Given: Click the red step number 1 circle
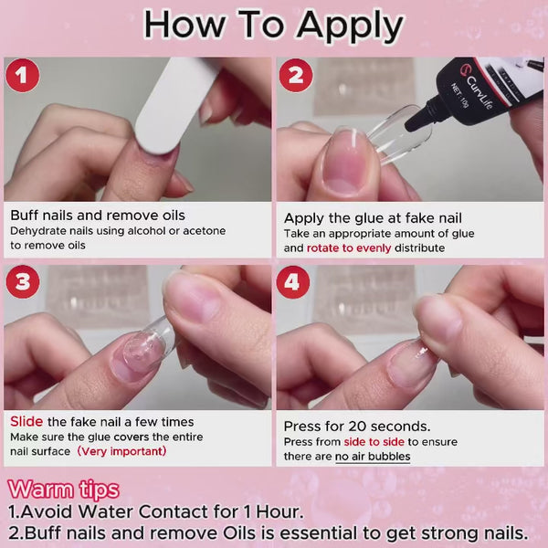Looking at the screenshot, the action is tap(22, 76).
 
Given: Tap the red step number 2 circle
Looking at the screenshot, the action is tap(296, 76).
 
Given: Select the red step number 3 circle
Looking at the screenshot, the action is tap(23, 281).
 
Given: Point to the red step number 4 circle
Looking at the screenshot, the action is tap(293, 281).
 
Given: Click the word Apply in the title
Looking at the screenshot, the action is tap(350, 26).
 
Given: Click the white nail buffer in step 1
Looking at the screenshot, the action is tap(173, 105).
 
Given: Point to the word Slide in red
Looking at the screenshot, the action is tap(26, 421).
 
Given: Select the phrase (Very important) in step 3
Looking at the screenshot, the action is tap(121, 451).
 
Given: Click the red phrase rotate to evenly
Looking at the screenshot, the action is tap(349, 248).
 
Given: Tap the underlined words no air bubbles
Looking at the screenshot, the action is tap(373, 457).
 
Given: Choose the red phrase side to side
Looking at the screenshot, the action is tap(374, 442).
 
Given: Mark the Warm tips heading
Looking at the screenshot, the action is tap(64, 490).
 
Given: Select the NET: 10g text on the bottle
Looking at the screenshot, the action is tap(459, 95).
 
